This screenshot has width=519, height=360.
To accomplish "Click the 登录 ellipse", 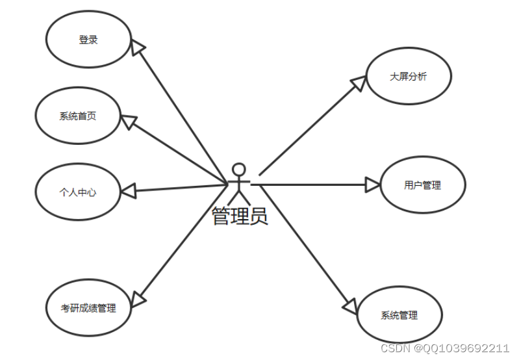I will pos(88,40).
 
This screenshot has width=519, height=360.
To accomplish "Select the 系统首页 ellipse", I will pos(78,116).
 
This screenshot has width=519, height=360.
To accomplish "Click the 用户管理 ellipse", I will pos(422,186).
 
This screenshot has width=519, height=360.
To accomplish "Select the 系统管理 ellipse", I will pos(399,316).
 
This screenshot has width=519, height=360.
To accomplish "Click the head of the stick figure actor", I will pos(240,170).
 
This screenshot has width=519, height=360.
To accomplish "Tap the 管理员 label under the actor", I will pos(240,216).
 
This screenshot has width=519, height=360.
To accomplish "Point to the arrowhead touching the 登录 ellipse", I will pos(138,46).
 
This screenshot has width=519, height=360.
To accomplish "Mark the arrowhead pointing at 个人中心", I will pos(129,190).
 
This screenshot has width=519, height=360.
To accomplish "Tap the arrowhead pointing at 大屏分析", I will pos(358,84).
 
